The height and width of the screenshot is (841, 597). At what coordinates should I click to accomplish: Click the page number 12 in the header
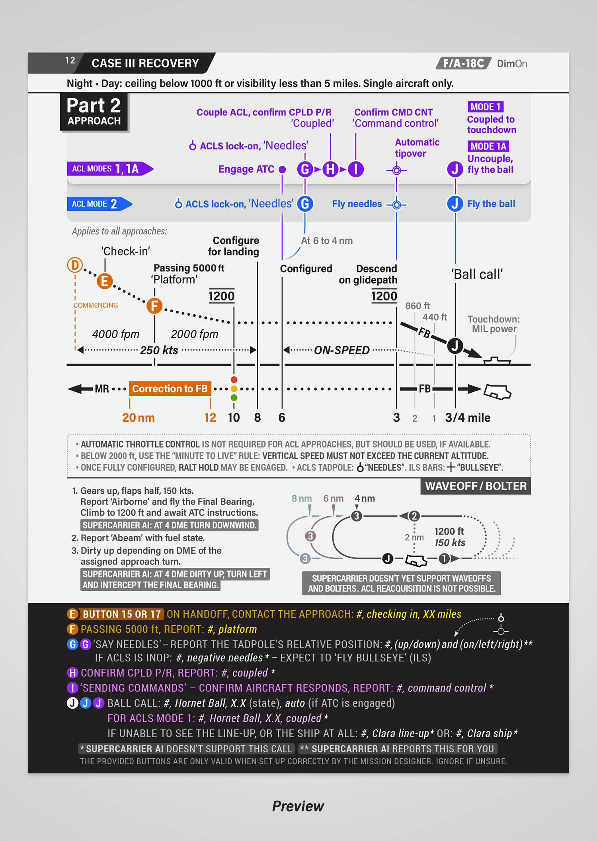70,60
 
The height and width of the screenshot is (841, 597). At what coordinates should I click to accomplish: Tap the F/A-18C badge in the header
464,64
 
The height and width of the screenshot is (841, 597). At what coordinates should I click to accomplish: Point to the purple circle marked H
330,169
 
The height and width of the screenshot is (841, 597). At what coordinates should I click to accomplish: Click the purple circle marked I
356,169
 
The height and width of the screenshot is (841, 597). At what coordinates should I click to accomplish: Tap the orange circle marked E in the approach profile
105,281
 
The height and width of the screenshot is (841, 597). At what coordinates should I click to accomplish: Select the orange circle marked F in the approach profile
154,306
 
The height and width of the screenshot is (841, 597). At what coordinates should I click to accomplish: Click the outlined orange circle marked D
75,265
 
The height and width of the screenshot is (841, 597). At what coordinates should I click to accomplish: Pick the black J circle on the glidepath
455,346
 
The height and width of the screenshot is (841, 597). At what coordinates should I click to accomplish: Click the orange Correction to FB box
170,389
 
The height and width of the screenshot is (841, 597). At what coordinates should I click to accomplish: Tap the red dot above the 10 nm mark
234,380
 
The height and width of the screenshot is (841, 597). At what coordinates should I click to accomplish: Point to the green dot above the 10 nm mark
234,397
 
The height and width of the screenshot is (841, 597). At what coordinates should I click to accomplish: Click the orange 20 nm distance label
138,418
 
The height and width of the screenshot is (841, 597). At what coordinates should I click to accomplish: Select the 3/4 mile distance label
468,418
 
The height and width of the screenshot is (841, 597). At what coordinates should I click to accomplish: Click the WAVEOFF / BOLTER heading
476,486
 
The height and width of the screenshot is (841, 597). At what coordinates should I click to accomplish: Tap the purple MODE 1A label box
488,146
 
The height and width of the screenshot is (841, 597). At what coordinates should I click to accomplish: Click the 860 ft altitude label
417,306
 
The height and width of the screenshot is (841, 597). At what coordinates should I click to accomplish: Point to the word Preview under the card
298,806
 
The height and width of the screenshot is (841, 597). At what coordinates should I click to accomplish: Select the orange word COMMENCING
96,305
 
